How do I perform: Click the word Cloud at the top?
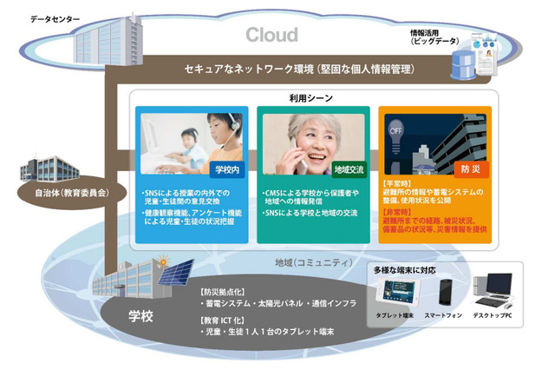coord(271,35)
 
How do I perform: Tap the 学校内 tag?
coord(226,167)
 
